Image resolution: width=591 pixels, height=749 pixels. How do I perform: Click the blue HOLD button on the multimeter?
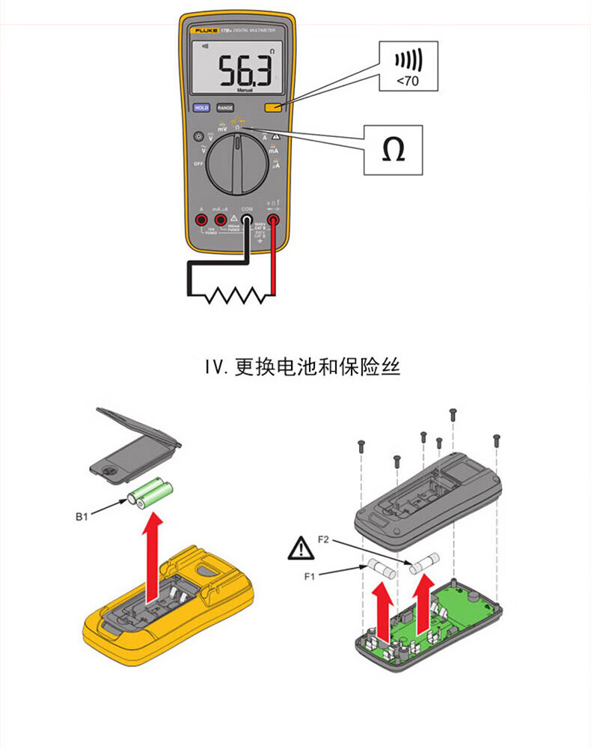[x=201, y=108]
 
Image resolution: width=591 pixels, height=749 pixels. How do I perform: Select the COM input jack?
[x=246, y=220]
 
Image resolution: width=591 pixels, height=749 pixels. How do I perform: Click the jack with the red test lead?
[x=273, y=220]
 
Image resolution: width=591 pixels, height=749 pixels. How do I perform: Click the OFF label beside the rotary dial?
[x=198, y=163]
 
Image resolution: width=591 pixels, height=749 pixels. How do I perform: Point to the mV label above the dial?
[x=222, y=130]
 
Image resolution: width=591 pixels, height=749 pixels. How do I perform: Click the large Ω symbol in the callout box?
[x=393, y=150]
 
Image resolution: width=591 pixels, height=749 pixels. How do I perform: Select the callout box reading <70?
[x=408, y=66]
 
